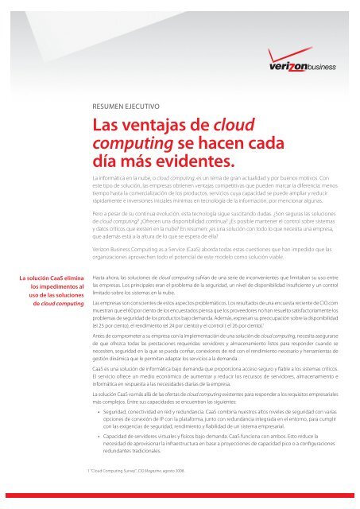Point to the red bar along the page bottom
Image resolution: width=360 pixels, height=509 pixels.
(180, 504)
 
